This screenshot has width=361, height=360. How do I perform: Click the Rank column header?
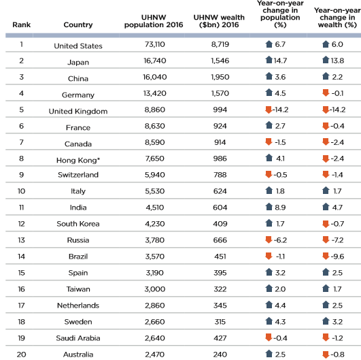(x=21, y=24)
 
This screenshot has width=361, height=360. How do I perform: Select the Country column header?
(x=78, y=24)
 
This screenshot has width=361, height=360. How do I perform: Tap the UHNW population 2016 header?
(x=154, y=21)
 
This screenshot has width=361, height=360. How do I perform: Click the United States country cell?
(x=78, y=46)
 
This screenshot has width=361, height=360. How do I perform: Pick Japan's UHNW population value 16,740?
(x=155, y=61)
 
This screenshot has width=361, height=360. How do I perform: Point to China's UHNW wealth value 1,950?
(x=220, y=77)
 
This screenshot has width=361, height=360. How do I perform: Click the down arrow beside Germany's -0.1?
(x=326, y=93)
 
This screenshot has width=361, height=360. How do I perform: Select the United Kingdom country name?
(x=78, y=112)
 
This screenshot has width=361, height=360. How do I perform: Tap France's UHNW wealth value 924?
(x=220, y=126)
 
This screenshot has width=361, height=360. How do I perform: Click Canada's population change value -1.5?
(x=280, y=142)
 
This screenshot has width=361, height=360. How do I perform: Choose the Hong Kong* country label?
(x=78, y=160)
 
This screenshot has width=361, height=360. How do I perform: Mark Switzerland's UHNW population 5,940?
(x=155, y=175)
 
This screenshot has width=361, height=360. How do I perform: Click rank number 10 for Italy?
(x=21, y=191)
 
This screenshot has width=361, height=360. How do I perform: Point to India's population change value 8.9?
(x=280, y=208)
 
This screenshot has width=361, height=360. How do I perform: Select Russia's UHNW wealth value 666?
(x=220, y=240)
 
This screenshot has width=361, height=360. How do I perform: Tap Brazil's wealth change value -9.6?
(x=337, y=257)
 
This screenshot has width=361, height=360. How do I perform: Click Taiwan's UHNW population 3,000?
(x=155, y=289)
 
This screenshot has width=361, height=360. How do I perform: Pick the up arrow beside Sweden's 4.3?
(x=269, y=321)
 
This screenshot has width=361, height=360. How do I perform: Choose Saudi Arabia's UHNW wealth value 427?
(x=220, y=338)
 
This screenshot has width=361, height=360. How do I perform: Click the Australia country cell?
(x=78, y=355)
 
